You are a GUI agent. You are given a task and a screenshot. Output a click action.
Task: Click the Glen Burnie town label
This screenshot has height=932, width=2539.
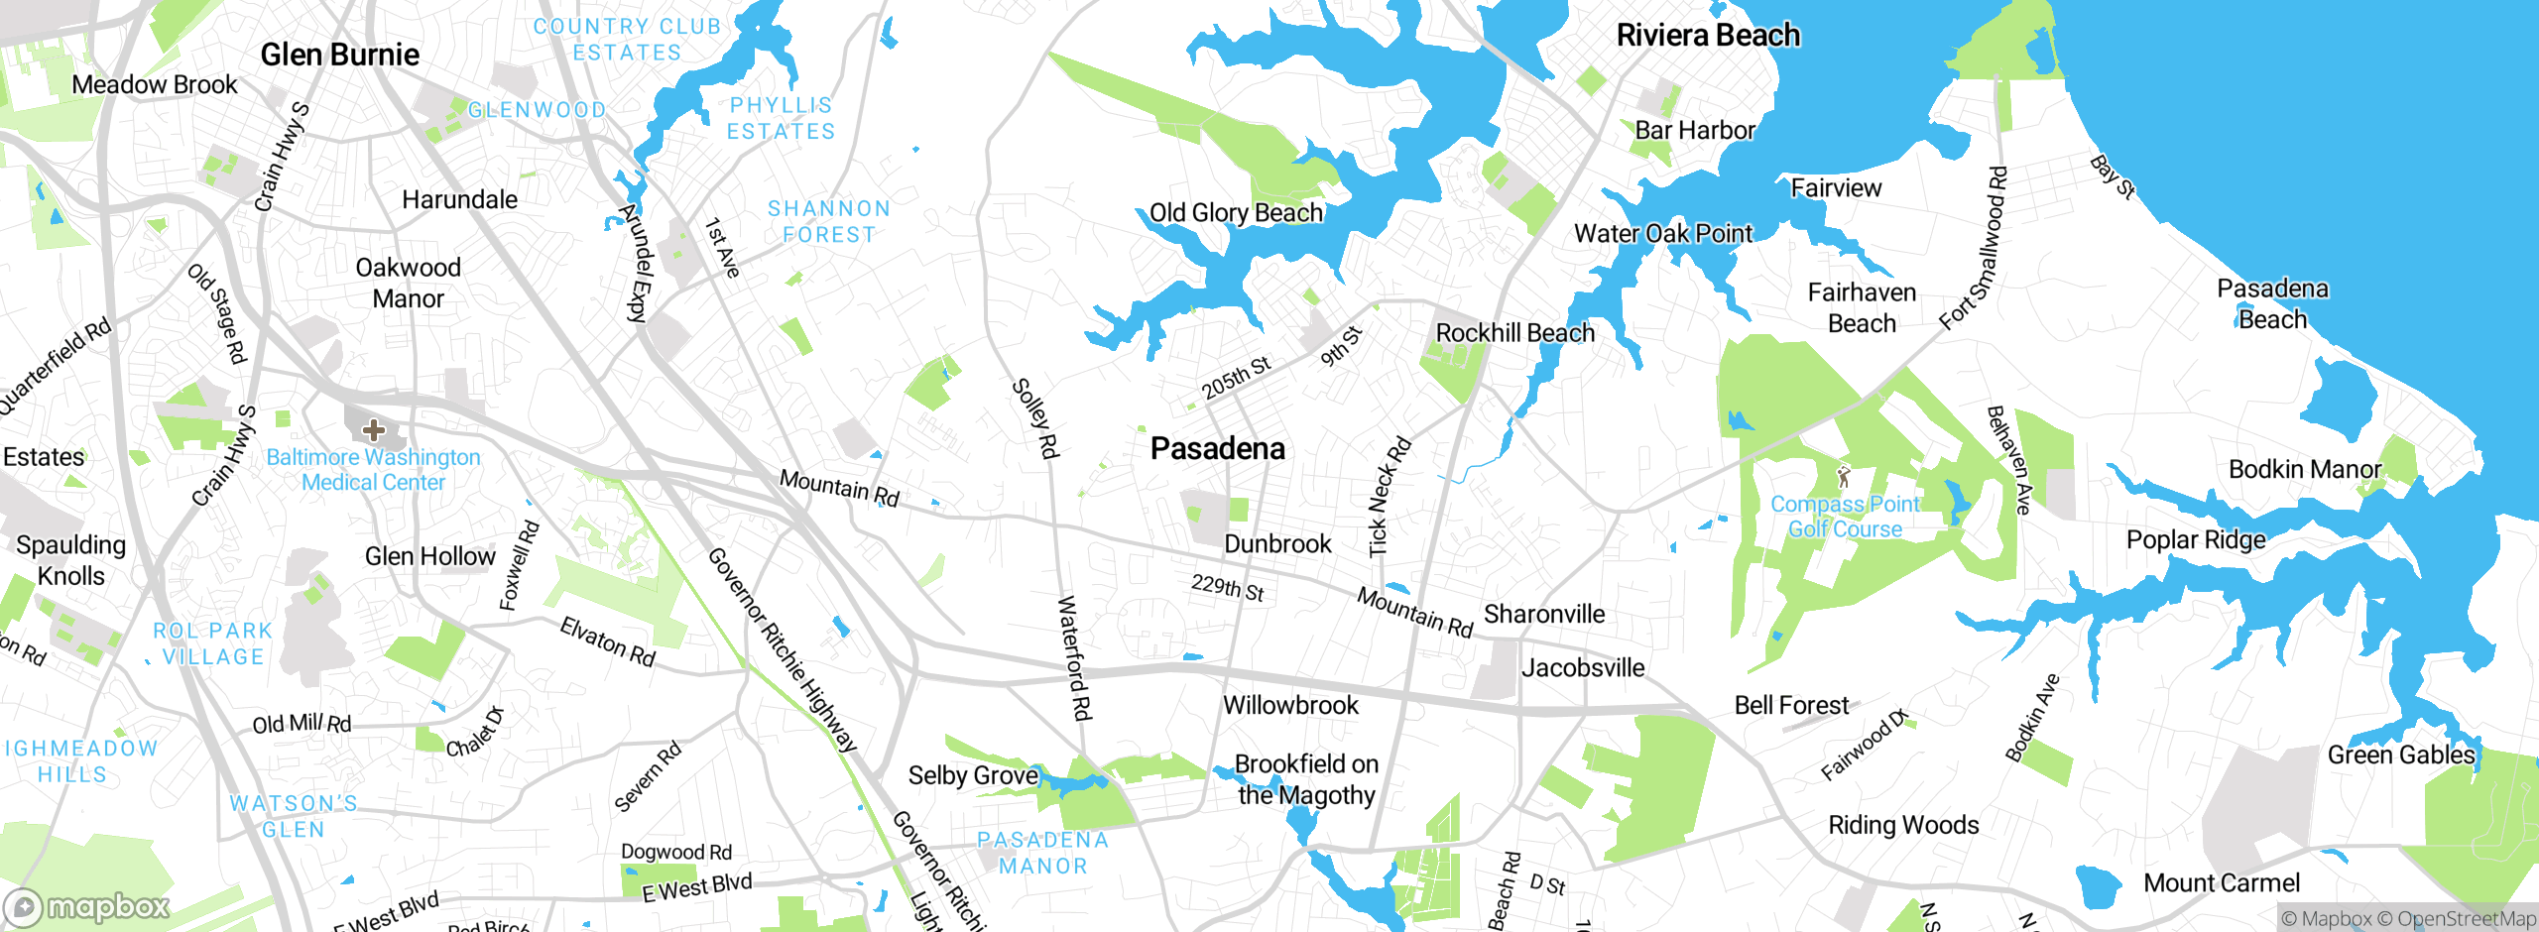point(339,55)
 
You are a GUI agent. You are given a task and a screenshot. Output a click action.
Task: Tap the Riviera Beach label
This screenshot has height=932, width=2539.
point(1708,36)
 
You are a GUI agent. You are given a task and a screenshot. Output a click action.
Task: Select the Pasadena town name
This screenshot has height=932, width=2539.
point(1217,448)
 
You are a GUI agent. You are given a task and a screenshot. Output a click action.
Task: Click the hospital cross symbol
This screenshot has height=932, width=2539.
point(373,430)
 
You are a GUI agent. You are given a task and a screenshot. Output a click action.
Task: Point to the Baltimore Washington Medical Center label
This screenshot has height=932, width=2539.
point(373,470)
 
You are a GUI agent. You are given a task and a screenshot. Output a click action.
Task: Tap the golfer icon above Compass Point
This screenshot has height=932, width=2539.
point(1844,477)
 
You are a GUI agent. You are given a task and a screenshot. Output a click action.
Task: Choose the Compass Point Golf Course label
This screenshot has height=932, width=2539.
point(1845,517)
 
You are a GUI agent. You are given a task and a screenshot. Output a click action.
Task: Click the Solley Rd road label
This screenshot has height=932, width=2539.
point(1035,418)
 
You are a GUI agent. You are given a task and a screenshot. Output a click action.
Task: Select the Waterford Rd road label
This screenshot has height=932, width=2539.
point(1075,657)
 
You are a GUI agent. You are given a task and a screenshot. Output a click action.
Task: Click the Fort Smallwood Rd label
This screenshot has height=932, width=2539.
point(1974,248)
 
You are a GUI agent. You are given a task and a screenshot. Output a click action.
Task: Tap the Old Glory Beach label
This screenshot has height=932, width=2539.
point(1236,213)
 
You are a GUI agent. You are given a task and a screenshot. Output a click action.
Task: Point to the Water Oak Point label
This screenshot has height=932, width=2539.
point(1663,234)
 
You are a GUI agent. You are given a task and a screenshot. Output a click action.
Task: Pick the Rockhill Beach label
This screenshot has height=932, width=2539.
point(1514,333)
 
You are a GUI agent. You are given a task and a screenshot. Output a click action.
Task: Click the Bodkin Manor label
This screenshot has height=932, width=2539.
point(2304,469)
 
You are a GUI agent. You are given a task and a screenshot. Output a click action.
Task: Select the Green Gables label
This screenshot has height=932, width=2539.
point(2401,756)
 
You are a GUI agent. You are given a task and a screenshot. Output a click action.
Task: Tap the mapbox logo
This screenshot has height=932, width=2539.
point(87,906)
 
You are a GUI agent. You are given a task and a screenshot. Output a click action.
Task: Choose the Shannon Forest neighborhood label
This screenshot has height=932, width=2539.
point(829,222)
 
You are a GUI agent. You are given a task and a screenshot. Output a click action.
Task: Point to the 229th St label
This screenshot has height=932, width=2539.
point(1228,588)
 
